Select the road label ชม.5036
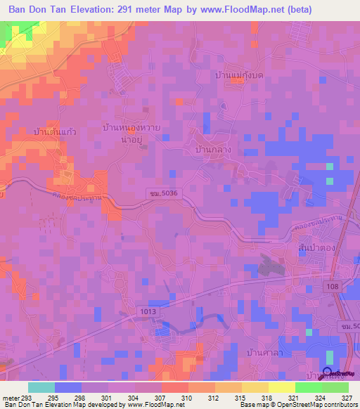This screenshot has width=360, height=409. (x=161, y=193)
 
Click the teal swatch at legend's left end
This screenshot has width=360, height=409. (x=41, y=387)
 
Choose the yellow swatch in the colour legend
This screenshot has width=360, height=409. (x=281, y=387)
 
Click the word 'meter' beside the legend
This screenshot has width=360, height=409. (x=10, y=397)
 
